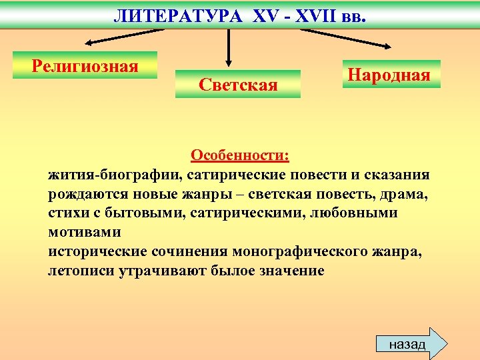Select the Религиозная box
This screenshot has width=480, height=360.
85,65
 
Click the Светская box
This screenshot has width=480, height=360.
238,84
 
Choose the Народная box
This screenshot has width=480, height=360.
387,73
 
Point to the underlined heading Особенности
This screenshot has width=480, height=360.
239,155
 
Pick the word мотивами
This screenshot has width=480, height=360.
84,233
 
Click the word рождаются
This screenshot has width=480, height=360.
89,194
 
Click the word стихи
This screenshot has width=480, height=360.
67,213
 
